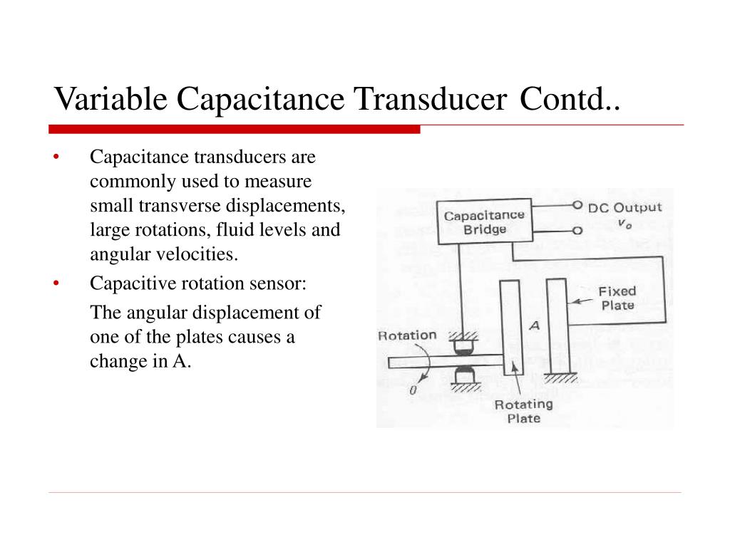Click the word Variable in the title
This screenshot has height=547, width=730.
pos(110,98)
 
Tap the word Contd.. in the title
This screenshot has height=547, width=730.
pos(570,98)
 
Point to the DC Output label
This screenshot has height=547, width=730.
pos(624,208)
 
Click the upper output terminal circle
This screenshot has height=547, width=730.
pos(577,206)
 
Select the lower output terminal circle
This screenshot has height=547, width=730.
pos(577,230)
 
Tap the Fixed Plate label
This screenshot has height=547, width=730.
pos(617,298)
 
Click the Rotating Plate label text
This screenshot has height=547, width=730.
pos(523,411)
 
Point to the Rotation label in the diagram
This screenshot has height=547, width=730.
pos(406,335)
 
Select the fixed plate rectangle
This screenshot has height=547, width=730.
pos(556,325)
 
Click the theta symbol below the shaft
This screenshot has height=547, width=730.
pos(412,391)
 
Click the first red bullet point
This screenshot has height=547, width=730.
pos(56,157)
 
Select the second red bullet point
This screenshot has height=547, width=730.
pos(56,283)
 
